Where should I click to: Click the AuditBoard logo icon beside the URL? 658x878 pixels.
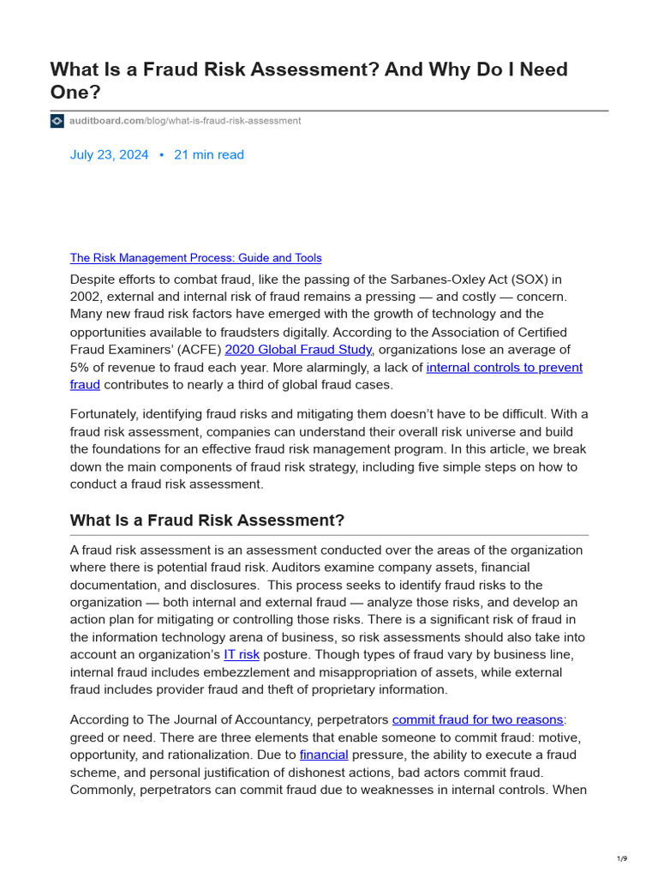coord(57,121)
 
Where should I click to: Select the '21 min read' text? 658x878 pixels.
coord(209,155)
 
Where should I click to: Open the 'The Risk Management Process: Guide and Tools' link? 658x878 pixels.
coord(195,258)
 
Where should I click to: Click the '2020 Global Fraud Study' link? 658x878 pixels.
coord(298,350)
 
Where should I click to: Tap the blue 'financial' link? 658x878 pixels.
coord(324,755)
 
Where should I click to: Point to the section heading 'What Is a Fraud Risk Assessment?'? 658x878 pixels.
coord(206,520)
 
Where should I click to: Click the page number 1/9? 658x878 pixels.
coord(622,859)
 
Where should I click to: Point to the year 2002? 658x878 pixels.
coord(87,297)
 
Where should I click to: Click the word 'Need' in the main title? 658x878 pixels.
coord(537,69)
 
